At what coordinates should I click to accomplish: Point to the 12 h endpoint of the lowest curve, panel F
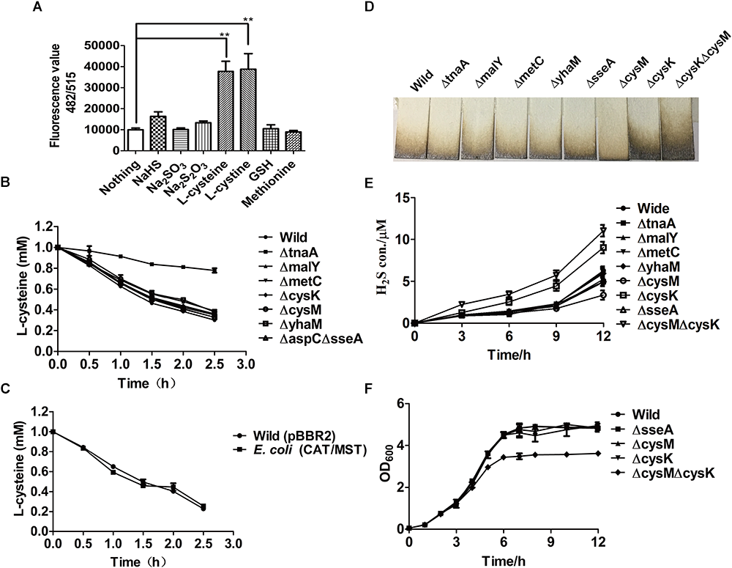click(600, 454)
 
